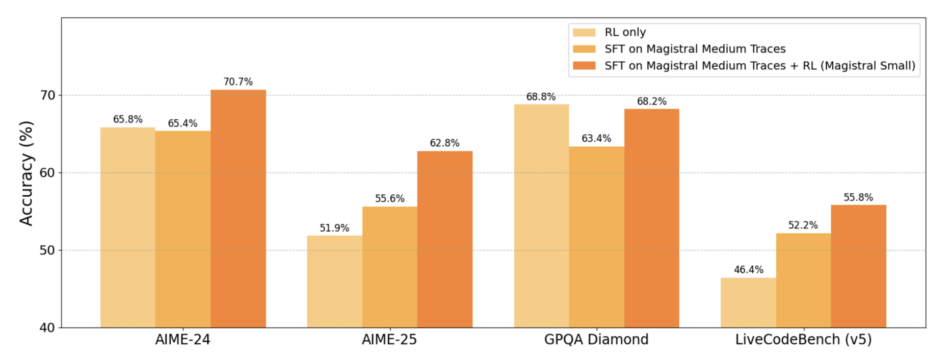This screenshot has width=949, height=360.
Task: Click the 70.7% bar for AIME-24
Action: (x=238, y=209)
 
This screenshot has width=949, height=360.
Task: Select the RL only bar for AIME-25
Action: (x=334, y=281)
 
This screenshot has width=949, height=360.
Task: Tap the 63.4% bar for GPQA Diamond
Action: (x=596, y=237)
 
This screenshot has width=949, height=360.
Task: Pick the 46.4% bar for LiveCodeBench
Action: (x=748, y=302)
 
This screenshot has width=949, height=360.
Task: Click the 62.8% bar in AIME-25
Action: (x=444, y=239)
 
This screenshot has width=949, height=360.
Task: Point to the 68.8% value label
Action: (x=541, y=97)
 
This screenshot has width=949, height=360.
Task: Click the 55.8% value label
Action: (x=858, y=197)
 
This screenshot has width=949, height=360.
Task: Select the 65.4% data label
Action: (x=182, y=123)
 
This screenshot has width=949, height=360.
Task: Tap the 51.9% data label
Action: (x=334, y=228)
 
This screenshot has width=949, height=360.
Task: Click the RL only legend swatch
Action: (x=584, y=33)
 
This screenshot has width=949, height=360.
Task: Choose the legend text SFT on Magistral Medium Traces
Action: (x=695, y=49)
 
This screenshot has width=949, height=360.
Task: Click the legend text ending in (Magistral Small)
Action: (x=759, y=66)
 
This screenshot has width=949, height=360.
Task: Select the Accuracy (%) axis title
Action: (x=26, y=173)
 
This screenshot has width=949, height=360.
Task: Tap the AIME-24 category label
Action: (x=182, y=340)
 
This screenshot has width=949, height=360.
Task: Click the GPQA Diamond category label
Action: (x=596, y=340)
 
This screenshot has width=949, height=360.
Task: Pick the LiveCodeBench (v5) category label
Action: (x=803, y=340)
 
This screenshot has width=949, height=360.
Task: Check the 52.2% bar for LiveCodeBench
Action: (x=803, y=280)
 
